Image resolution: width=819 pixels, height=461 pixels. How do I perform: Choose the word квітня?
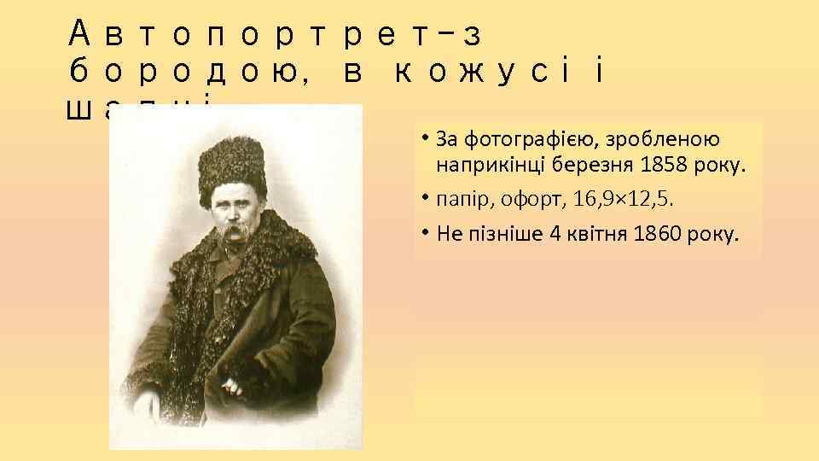pos(602,234)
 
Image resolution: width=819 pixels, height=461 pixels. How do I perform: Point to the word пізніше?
pos(504,234)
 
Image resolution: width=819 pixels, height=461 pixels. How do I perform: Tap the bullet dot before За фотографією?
pos(423,137)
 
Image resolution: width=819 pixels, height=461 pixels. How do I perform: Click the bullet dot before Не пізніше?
pos(423,233)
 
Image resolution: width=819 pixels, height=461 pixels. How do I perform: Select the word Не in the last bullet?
pos(446,234)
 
